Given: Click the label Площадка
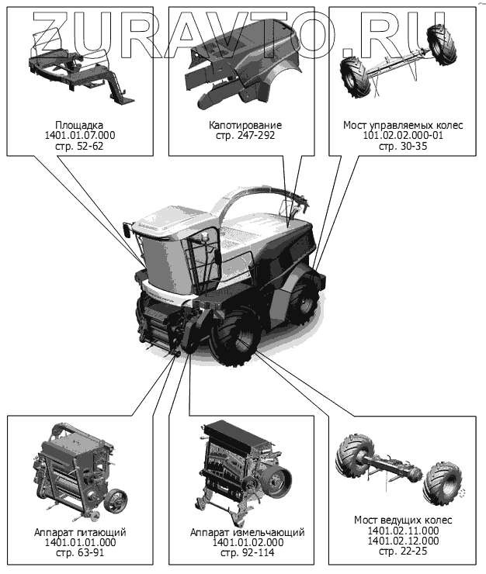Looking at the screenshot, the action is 79,125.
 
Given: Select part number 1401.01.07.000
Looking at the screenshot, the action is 79,136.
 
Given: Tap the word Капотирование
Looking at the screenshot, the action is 245,125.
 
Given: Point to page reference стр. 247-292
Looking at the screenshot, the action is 245,136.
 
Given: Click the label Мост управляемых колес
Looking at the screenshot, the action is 403,125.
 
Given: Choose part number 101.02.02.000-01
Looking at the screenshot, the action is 403,136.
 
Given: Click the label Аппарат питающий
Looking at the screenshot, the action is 80,532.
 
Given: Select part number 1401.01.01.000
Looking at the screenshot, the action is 80,542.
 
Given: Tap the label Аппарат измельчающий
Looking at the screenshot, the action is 247,532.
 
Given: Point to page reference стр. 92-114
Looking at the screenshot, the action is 247,552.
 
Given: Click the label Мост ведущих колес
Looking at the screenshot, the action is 403,520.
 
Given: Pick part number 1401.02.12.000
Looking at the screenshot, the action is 403,541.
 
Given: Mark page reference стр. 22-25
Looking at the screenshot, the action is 403,551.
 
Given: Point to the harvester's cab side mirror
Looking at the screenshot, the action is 127,230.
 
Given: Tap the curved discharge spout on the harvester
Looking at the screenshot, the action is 256,193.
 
